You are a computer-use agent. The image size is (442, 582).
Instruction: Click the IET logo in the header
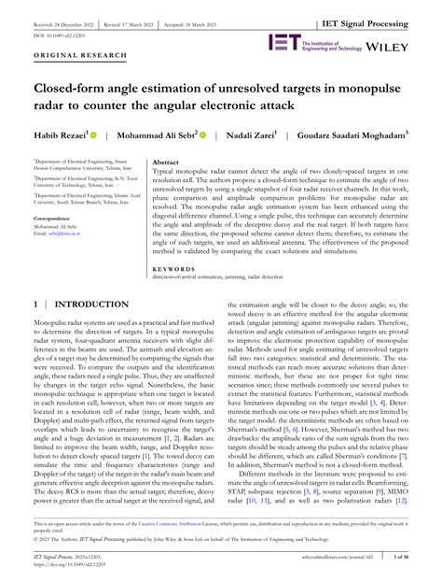coord(283,42)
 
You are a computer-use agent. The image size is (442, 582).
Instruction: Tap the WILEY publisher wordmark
coord(411,43)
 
